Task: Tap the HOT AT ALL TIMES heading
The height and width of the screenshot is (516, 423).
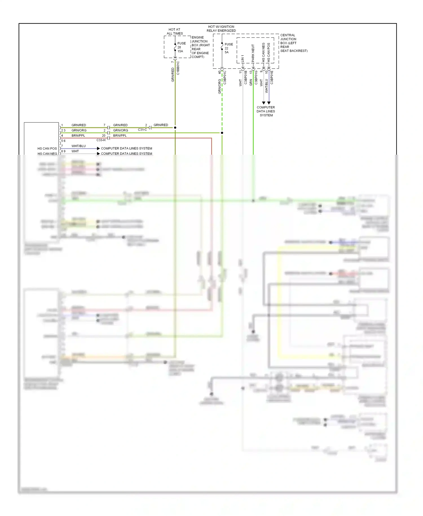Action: (x=175, y=31)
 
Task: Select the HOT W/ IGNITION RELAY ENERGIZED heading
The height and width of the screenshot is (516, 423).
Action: (x=221, y=29)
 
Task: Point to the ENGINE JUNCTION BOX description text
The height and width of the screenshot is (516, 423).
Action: (x=201, y=47)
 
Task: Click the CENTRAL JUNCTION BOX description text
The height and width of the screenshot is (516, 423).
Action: (x=293, y=43)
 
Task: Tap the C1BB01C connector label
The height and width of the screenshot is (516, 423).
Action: (x=178, y=68)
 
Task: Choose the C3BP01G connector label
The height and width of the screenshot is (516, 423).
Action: (x=256, y=78)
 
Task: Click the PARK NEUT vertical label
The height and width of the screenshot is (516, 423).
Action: (x=253, y=53)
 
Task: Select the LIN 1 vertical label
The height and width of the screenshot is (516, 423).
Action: (x=243, y=58)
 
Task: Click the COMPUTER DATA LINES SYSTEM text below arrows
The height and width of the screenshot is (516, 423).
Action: (x=266, y=111)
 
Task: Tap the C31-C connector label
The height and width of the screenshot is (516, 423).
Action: (x=142, y=130)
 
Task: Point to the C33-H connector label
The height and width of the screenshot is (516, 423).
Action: (x=101, y=140)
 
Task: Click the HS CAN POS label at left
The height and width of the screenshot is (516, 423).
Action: (x=47, y=148)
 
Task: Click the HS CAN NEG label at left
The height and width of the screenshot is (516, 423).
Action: (x=47, y=154)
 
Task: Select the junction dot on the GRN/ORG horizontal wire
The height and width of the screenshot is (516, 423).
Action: (x=222, y=133)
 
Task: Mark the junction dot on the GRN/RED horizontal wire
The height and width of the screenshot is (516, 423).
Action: (x=175, y=128)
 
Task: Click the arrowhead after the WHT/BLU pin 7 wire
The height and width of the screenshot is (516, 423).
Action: (x=98, y=148)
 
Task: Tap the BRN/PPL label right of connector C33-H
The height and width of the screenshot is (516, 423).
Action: (x=120, y=135)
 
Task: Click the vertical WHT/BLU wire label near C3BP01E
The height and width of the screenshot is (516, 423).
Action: (x=266, y=86)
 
